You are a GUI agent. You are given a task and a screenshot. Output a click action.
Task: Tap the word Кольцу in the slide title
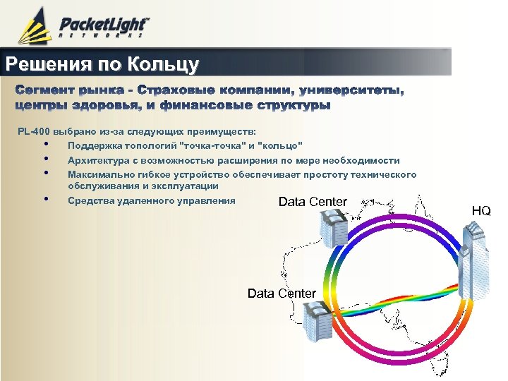tap(164, 65)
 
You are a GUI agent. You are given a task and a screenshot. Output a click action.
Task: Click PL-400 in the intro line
tap(32, 132)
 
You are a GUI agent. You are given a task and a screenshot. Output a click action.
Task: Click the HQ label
tap(482, 211)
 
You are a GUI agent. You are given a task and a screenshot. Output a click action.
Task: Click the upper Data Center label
tap(313, 202)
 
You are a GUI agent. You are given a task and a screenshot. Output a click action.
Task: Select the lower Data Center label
tap(282, 293)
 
